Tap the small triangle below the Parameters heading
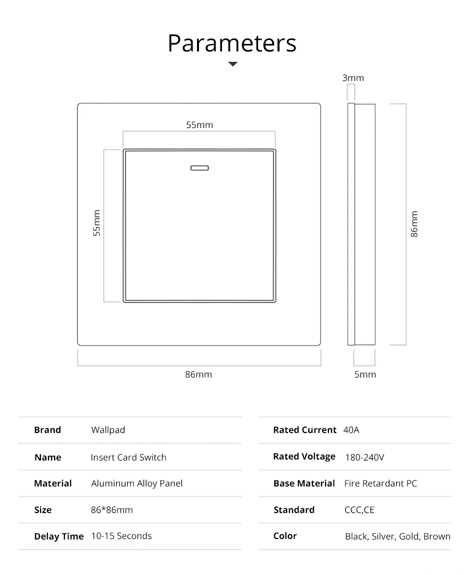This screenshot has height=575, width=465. point(232,64)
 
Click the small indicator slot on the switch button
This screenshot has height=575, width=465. point(199,168)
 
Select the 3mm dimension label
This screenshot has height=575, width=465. point(353,78)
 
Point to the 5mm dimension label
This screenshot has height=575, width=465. point(365,374)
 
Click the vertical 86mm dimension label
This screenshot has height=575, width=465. point(414,224)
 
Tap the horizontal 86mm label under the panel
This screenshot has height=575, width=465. point(198,374)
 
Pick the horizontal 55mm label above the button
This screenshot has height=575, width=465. point(199,125)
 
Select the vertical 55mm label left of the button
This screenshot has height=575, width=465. point(97,222)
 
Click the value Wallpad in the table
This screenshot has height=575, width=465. point(108,430)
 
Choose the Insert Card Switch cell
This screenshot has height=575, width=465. point(128,457)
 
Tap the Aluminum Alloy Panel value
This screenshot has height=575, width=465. point(136,483)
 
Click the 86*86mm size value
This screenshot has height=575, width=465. point(112,510)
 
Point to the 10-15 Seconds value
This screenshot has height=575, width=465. point(121,536)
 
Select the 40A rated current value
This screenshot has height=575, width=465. point(351,430)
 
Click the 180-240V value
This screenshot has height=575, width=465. point(364,457)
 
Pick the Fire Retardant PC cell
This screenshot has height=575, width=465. point(380,483)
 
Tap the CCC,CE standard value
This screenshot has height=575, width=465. point(359,510)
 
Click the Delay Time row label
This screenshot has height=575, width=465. point(58,536)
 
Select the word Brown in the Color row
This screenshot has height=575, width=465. point(436,536)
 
